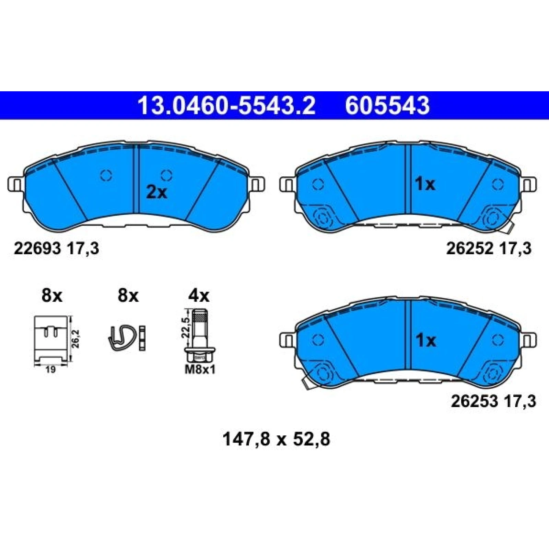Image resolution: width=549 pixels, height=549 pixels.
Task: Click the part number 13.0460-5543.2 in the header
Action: pyautogui.click(x=226, y=105)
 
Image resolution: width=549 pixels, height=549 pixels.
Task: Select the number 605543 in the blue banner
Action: pyautogui.click(x=387, y=105)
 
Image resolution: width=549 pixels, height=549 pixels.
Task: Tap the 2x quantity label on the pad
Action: pyautogui.click(x=156, y=193)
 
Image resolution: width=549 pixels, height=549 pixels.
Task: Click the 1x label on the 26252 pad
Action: pyautogui.click(x=425, y=184)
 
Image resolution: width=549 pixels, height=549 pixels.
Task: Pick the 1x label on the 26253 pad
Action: pyautogui.click(x=425, y=340)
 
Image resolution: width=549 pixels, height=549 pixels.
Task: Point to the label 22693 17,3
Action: pyautogui.click(x=56, y=248)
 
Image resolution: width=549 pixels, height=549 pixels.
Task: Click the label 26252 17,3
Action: pyautogui.click(x=489, y=248)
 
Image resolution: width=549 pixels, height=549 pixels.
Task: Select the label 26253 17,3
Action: pyautogui.click(x=493, y=401)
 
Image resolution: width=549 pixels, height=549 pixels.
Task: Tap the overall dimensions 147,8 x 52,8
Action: pyautogui.click(x=276, y=439)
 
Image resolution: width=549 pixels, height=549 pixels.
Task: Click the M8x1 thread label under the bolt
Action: pyautogui.click(x=200, y=370)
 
